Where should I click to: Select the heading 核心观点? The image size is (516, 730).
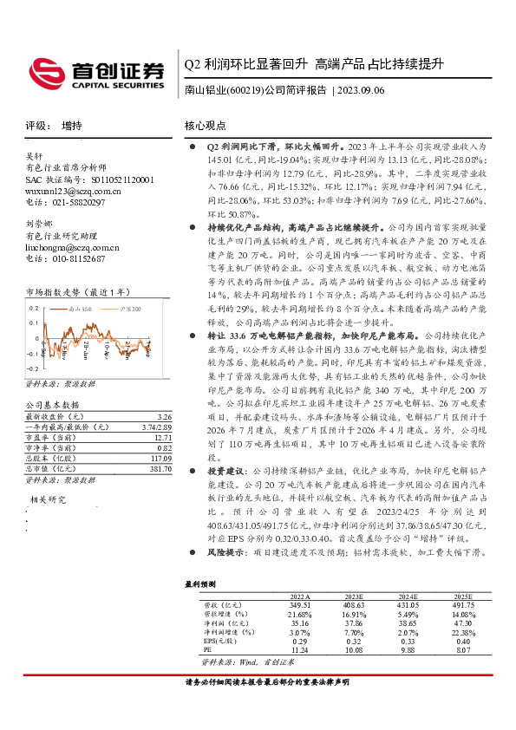point(206,126)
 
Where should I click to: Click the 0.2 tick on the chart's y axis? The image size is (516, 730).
point(35,309)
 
